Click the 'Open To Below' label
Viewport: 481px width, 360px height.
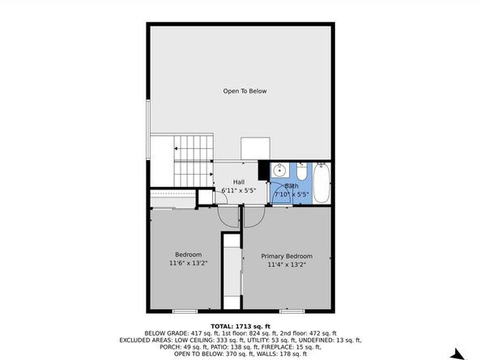[245, 91]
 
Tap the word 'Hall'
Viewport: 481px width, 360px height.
[239, 182]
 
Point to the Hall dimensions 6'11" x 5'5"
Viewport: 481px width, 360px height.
[239, 191]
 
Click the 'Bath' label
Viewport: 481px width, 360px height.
[291, 186]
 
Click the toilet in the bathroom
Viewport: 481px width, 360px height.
[300, 172]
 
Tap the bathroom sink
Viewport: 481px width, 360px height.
[280, 171]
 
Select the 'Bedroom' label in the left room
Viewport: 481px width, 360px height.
[188, 256]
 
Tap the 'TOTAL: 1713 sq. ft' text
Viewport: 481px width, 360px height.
[240, 325]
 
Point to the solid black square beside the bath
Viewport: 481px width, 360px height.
[263, 170]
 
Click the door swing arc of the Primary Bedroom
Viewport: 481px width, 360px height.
[253, 215]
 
